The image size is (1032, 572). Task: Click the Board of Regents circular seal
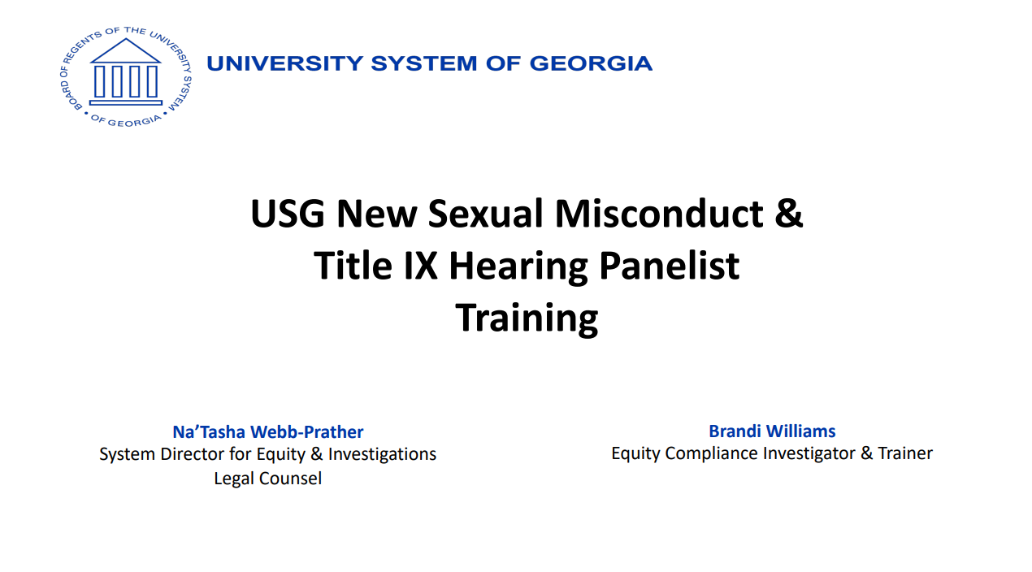click(126, 76)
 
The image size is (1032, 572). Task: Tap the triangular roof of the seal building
click(126, 50)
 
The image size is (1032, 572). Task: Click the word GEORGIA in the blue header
click(591, 63)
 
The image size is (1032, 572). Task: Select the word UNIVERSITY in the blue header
click(285, 63)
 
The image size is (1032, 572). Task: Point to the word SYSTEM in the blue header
click(424, 63)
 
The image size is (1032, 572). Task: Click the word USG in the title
click(288, 213)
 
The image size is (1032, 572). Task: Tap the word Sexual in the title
click(486, 213)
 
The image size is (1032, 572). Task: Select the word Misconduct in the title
click(659, 213)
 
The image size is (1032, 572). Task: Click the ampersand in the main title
click(789, 213)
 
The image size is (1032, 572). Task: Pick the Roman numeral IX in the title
click(421, 266)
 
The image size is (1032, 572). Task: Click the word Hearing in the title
click(518, 267)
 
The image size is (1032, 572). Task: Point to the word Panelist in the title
click(670, 266)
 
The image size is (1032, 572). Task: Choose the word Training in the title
click(527, 318)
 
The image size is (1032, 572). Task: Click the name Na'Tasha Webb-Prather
click(267, 432)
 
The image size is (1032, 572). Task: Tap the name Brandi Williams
click(772, 431)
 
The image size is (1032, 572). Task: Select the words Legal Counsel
click(267, 478)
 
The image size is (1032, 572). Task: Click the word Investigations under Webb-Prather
click(382, 454)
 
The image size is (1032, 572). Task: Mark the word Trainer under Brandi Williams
click(905, 453)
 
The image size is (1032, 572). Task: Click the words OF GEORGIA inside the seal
click(126, 121)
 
